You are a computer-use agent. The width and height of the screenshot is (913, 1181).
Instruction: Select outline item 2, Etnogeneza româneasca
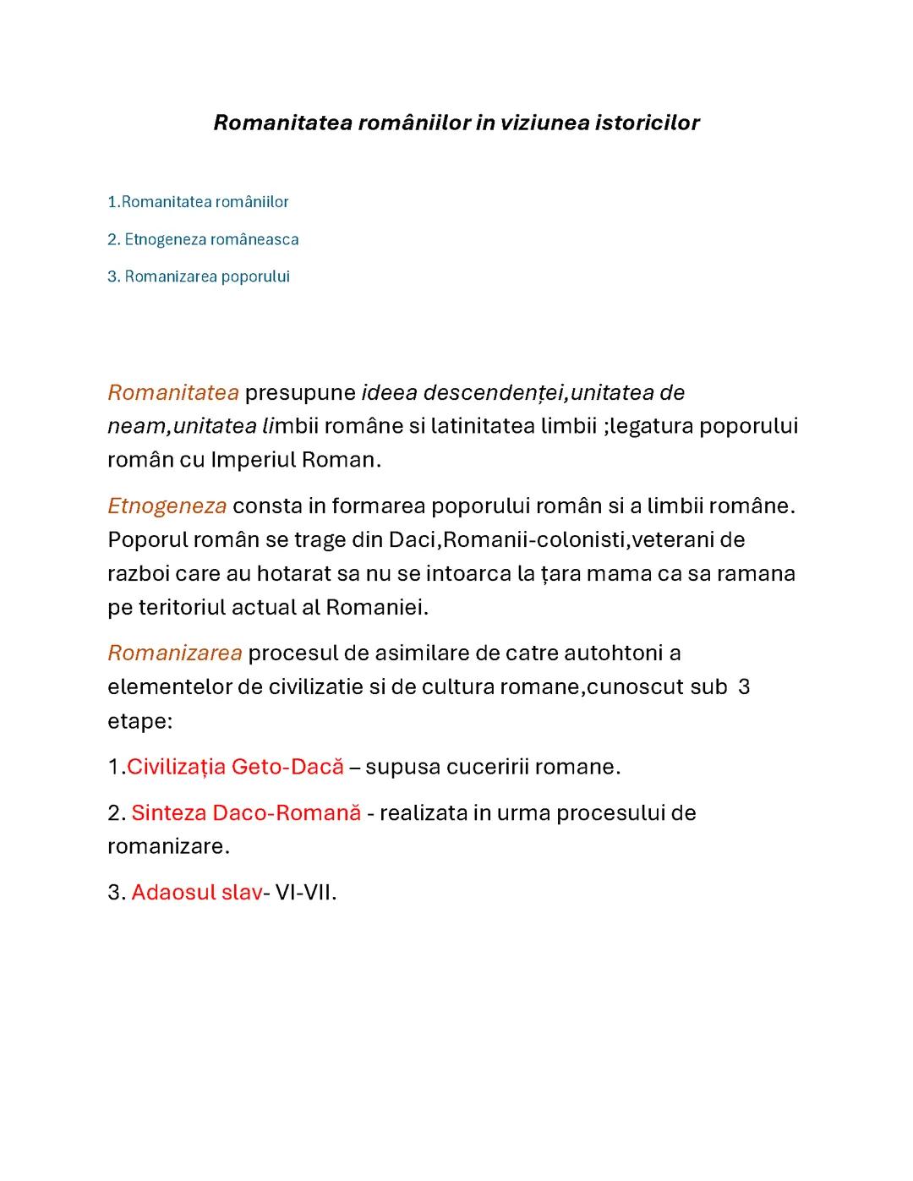tap(203, 239)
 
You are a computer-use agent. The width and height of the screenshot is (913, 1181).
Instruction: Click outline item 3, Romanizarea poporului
tap(199, 276)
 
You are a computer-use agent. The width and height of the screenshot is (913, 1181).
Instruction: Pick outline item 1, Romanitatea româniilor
tap(198, 202)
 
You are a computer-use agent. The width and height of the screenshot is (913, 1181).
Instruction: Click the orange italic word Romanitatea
tap(173, 393)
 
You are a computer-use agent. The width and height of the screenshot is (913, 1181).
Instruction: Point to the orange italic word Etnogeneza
tap(167, 506)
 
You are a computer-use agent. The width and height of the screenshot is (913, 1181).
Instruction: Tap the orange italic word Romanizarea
tap(175, 653)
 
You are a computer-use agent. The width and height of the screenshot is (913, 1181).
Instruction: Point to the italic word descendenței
tap(494, 393)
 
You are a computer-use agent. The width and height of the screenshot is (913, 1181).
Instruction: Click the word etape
tap(138, 721)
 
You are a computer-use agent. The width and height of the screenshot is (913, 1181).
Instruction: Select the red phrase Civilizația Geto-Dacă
tap(235, 767)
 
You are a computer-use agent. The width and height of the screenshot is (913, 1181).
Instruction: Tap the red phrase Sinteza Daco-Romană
tap(246, 813)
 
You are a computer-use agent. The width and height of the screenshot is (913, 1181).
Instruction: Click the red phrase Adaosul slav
tap(196, 893)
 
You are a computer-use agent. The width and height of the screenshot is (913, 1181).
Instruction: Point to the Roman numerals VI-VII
tap(305, 893)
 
